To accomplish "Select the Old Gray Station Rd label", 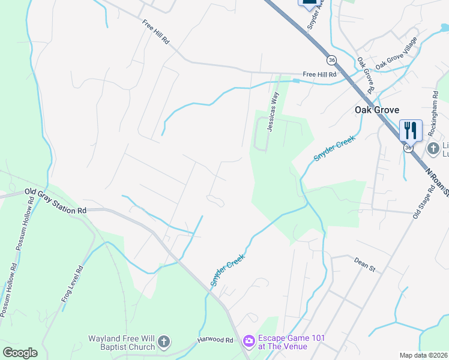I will pos(55,202).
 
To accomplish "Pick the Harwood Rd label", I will pos(215,340).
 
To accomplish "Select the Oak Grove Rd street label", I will pos(365,74).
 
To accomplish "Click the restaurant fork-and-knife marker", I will pos(411,130).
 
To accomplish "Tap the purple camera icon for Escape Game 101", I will pos(249,341).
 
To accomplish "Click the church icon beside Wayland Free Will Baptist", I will pos(164,343).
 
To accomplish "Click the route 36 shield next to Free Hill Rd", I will pos(331,60).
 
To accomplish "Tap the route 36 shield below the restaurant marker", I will pos(409,148).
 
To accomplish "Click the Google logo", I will pos(20,352).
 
